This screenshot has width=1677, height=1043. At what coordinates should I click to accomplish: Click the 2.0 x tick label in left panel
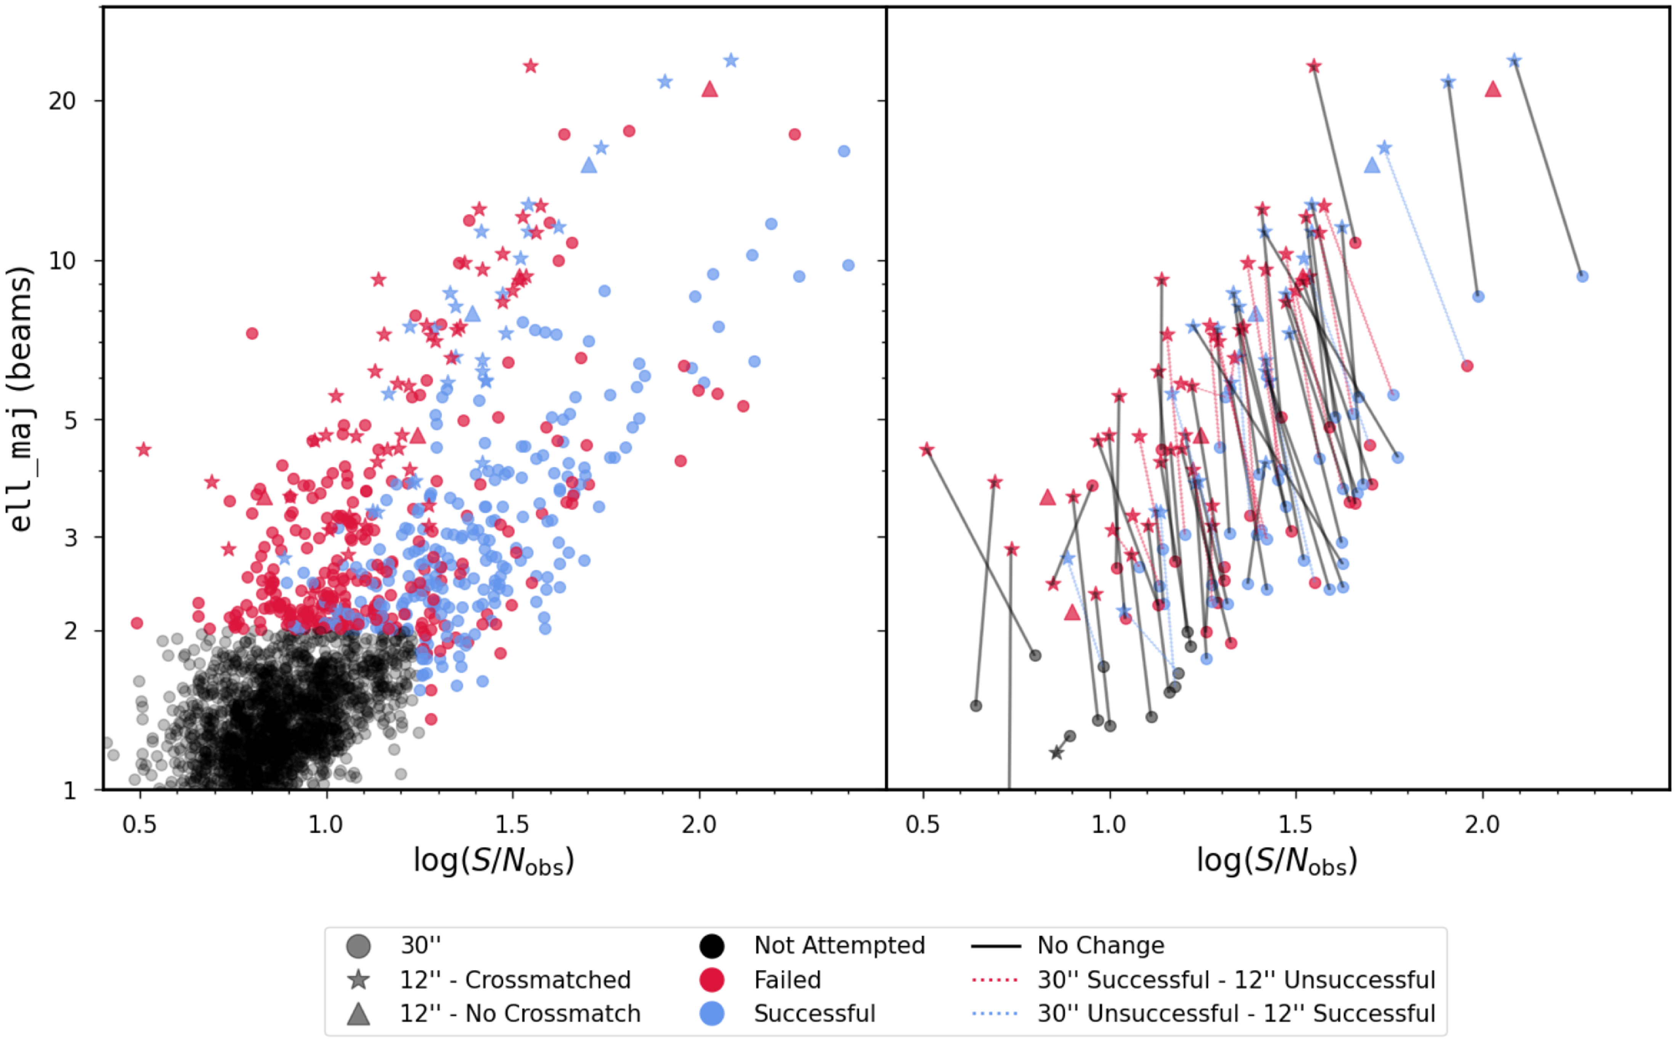pyautogui.click(x=699, y=824)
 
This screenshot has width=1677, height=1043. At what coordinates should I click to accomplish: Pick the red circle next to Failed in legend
pyautogui.click(x=711, y=979)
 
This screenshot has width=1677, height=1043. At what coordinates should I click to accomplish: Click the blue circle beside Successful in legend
pyautogui.click(x=711, y=1013)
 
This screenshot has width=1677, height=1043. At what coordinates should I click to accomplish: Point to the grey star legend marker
pyautogui.click(x=358, y=979)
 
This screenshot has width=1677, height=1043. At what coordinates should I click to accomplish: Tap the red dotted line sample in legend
pyautogui.click(x=995, y=979)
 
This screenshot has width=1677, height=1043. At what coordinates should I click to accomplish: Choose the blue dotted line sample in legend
pyautogui.click(x=995, y=1013)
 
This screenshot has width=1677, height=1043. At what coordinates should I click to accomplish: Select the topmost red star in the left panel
pyautogui.click(x=530, y=66)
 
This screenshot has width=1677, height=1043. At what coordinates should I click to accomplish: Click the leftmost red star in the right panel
pyautogui.click(x=927, y=450)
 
